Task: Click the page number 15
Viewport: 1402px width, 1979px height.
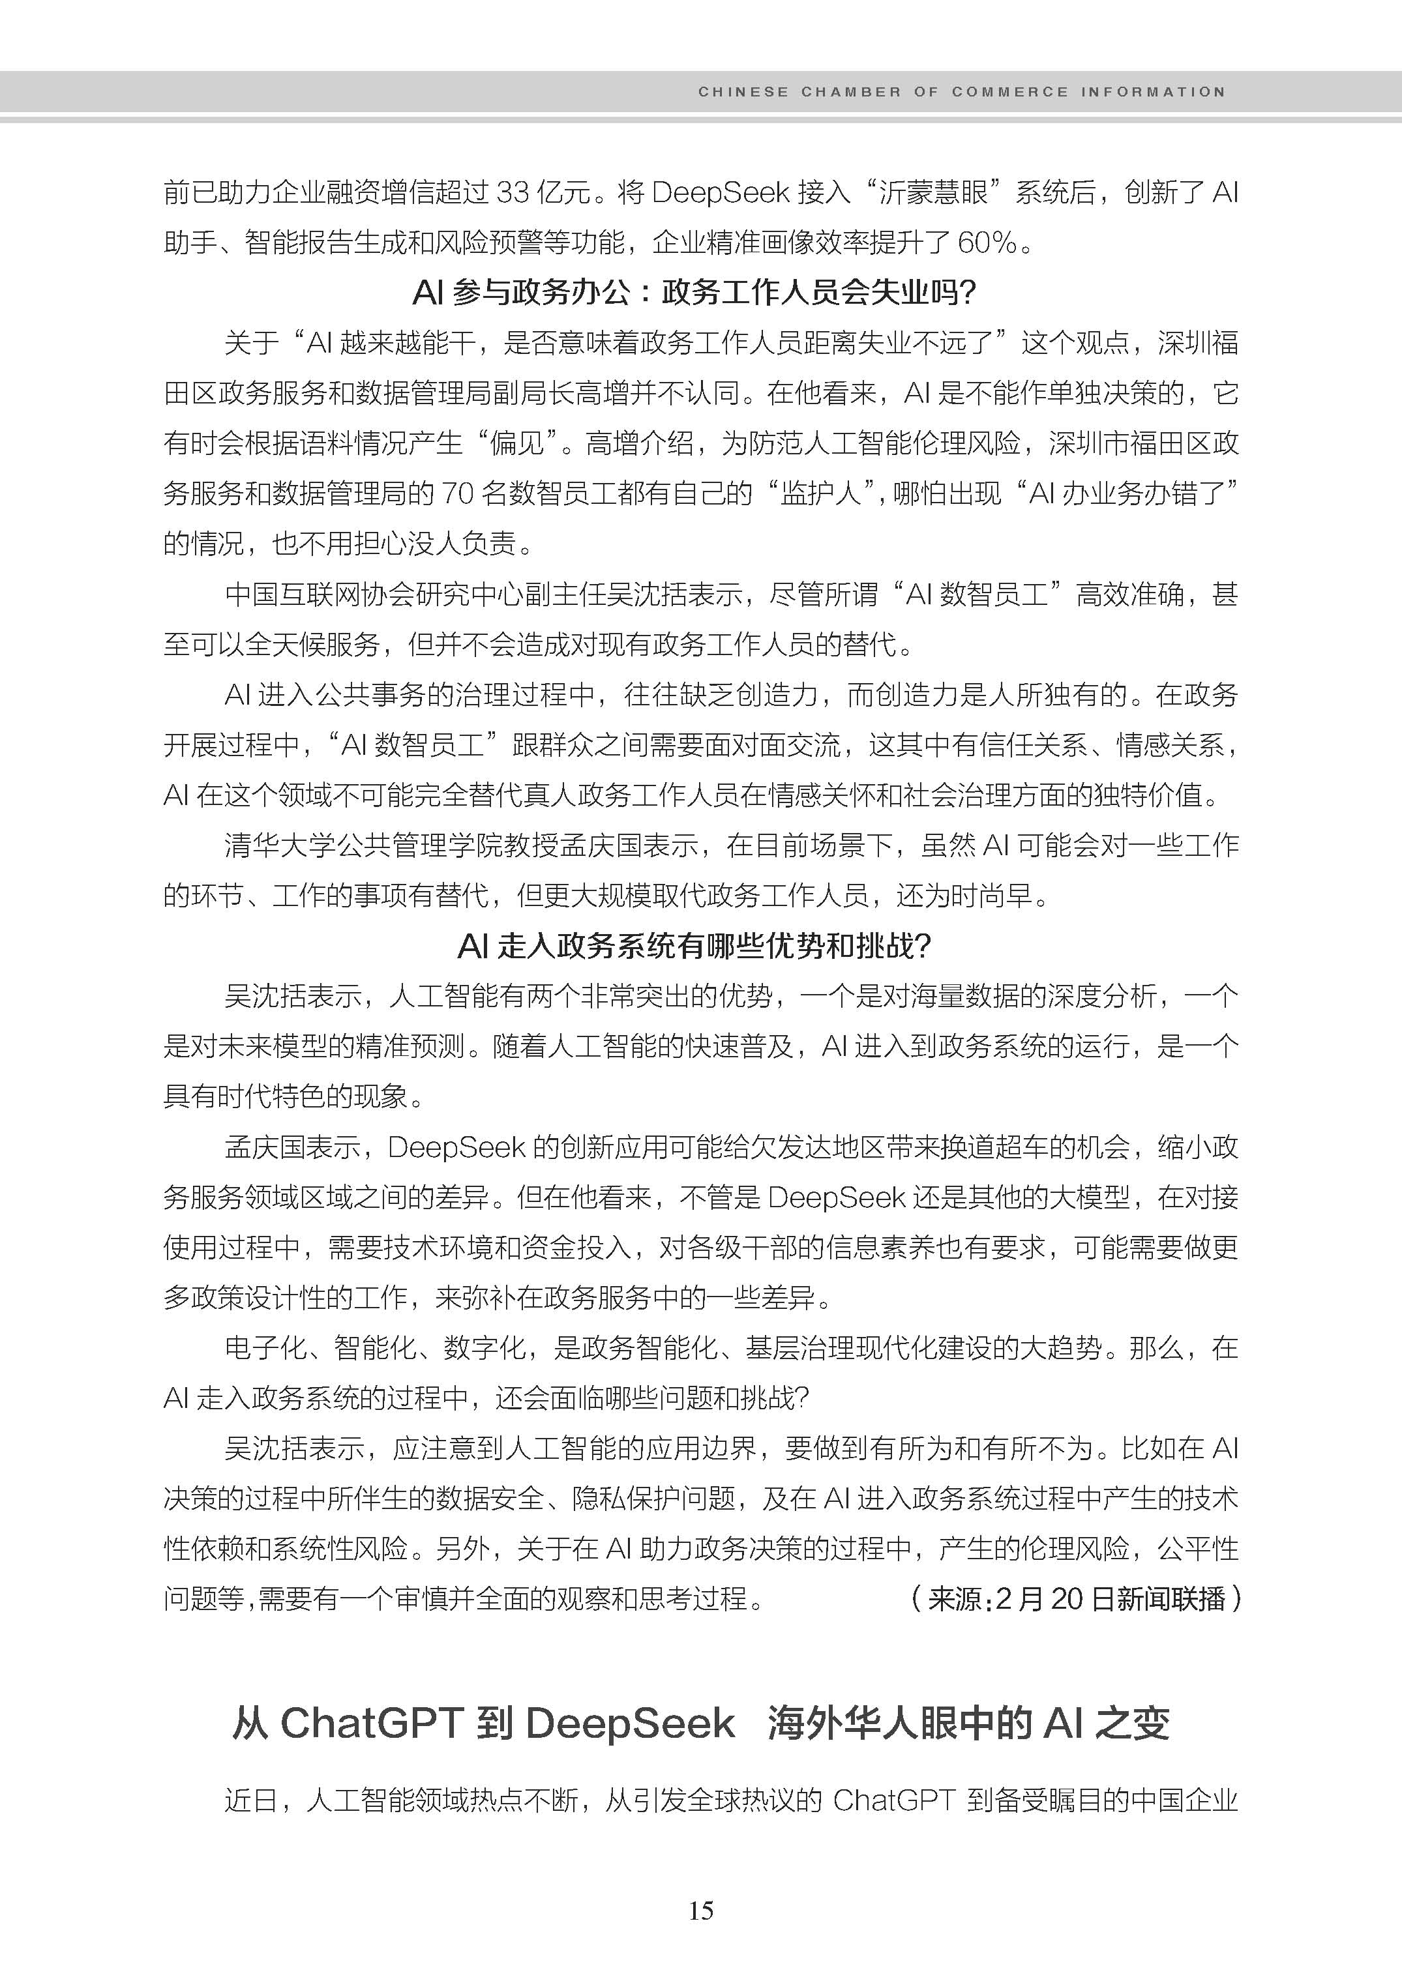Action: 701,1910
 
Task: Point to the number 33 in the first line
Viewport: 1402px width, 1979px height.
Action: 513,192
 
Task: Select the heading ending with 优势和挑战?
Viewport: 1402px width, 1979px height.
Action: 695,946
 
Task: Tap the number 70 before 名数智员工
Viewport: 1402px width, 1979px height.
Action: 458,493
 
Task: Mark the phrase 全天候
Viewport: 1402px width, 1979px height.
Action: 288,645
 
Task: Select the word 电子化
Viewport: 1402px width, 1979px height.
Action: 265,1348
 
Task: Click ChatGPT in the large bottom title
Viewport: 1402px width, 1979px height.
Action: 372,1724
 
